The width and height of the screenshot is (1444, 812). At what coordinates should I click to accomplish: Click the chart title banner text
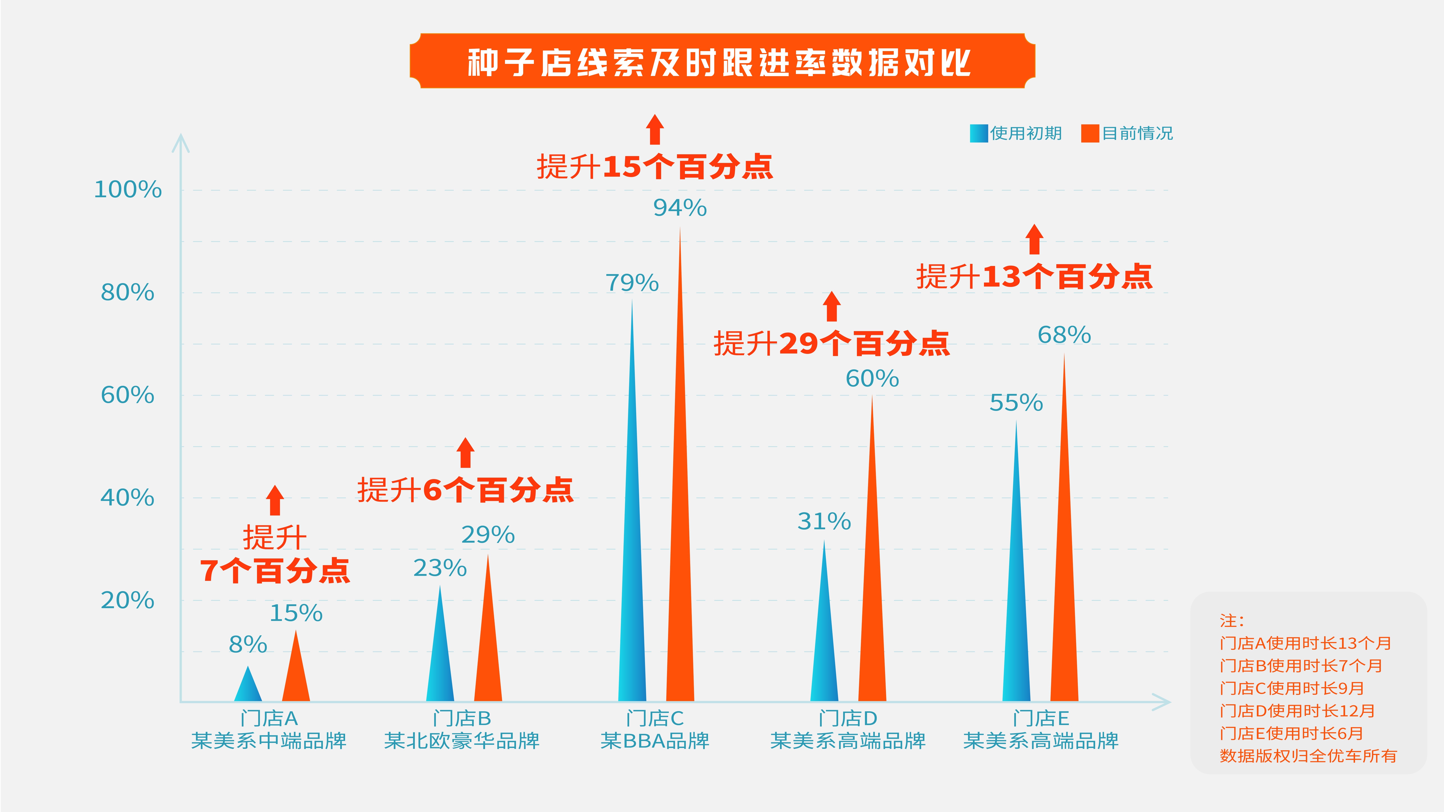tap(719, 62)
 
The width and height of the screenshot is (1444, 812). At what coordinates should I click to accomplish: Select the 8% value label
tap(248, 644)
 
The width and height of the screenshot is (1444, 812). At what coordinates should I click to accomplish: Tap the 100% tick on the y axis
tap(128, 189)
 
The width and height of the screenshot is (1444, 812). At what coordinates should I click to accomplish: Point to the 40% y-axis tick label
tap(127, 498)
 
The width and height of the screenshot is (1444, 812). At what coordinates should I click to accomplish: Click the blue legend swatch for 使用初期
tap(978, 133)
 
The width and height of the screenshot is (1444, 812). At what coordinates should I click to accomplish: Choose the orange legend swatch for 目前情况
tap(1090, 133)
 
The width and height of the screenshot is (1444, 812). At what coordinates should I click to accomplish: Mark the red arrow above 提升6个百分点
tap(465, 453)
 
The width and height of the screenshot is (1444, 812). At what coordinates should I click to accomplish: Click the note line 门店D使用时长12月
tap(1297, 711)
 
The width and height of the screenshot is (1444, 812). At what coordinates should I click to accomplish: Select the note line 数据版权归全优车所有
tap(1308, 756)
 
